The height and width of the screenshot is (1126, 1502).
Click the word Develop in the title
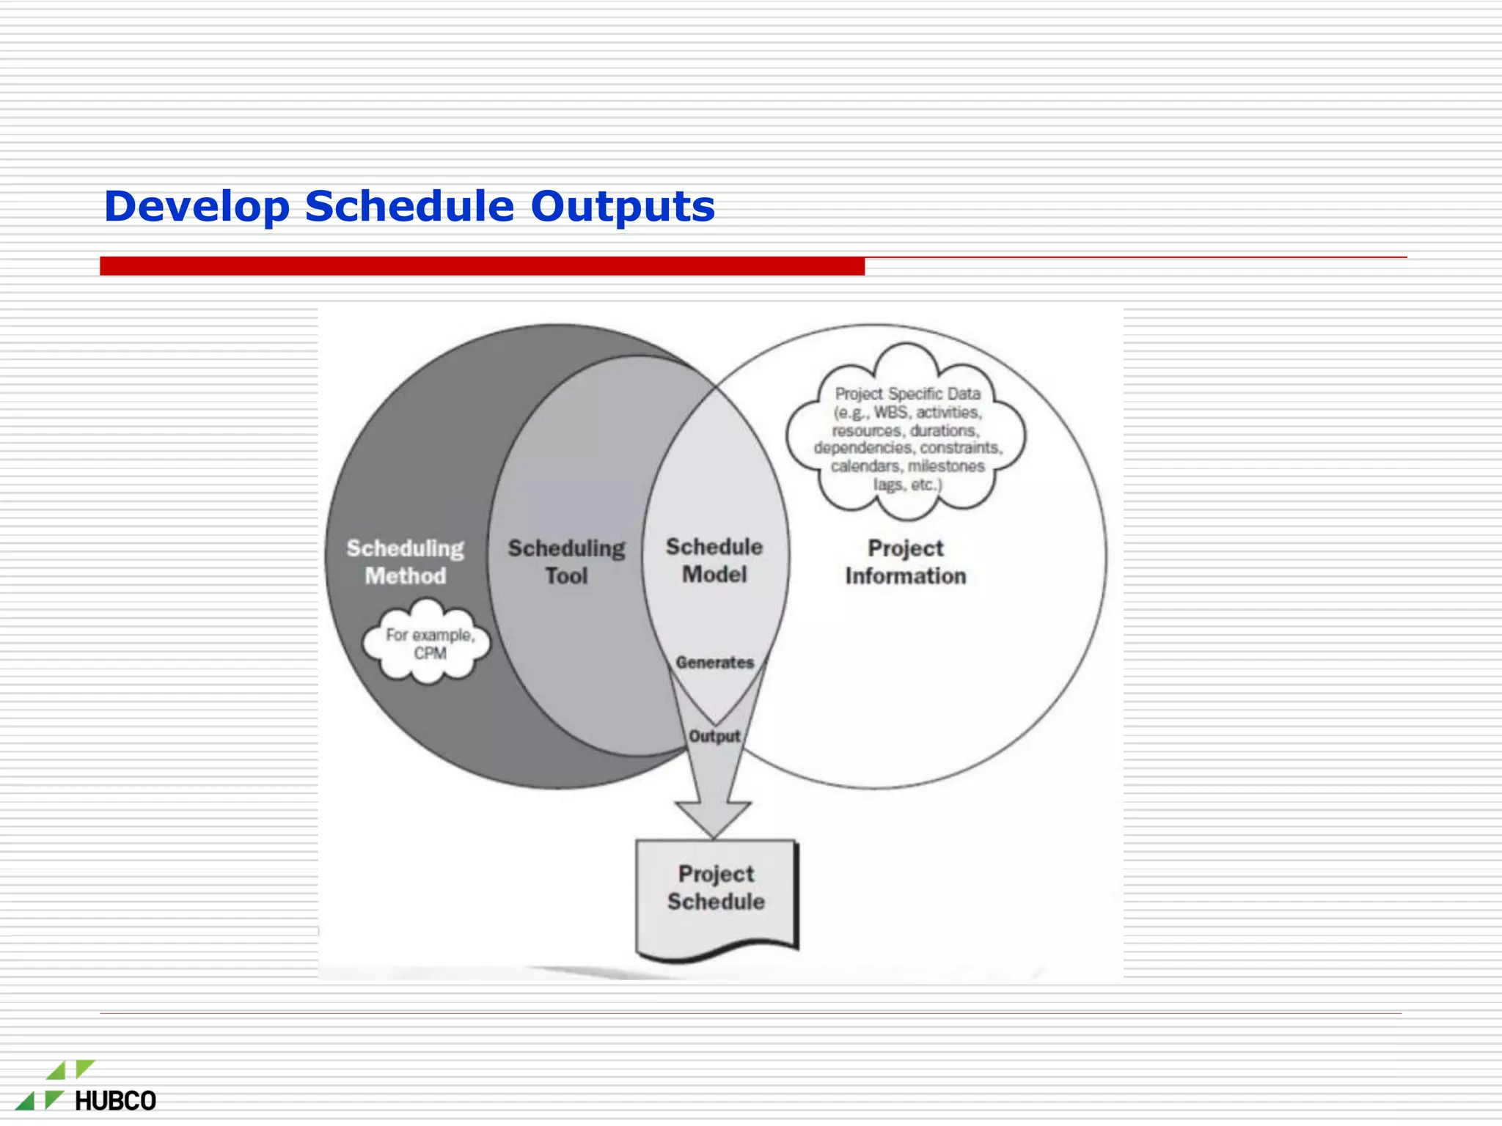click(x=197, y=207)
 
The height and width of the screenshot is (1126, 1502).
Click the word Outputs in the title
click(x=622, y=207)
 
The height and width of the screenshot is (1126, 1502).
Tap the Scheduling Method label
click(x=405, y=562)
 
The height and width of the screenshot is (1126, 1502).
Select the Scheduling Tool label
click(x=566, y=562)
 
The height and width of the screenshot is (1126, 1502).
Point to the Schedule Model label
click(x=714, y=560)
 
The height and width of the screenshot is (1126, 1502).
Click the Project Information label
click(x=905, y=562)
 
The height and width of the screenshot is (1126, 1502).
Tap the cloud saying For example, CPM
click(x=428, y=643)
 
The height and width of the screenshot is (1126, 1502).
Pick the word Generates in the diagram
click(x=714, y=663)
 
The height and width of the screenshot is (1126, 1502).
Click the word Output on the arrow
click(x=714, y=736)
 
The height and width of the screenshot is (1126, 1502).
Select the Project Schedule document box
click(x=716, y=894)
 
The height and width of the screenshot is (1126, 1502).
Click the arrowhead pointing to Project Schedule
click(x=713, y=818)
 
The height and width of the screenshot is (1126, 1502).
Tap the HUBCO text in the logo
click(x=115, y=1101)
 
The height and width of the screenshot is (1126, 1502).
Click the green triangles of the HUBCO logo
click(x=55, y=1085)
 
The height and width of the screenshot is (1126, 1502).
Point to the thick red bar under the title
click(x=482, y=266)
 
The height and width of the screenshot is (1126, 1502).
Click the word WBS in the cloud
click(x=890, y=413)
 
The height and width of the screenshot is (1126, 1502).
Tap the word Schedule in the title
click(x=409, y=207)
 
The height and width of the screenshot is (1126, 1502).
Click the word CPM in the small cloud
click(x=430, y=653)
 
